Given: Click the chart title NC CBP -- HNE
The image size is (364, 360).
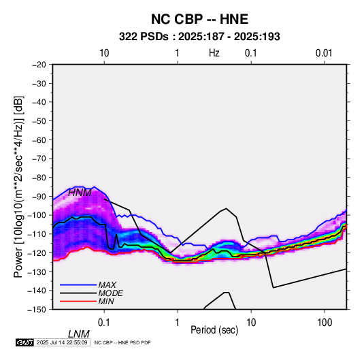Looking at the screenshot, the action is point(199,19).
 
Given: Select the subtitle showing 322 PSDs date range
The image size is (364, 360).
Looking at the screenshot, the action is point(199,37).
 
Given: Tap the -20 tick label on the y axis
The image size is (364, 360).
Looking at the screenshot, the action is point(39,65).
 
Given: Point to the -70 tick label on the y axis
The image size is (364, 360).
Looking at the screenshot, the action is point(39,159).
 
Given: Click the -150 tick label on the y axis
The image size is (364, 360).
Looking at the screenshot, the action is point(37,310).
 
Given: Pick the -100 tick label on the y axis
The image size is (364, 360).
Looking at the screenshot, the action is point(37,215).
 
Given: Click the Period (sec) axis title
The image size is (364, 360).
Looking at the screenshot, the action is point(214,330).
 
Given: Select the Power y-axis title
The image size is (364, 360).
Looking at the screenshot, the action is point(18,186).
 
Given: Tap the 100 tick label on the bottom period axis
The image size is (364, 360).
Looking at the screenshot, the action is point(325,323).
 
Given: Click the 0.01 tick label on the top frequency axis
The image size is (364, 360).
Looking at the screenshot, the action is point(324,53).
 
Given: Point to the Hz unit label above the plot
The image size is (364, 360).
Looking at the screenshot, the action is point(214,53).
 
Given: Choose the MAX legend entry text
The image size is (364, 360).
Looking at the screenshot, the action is point(107,285).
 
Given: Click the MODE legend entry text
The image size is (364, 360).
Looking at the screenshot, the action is point(110,293).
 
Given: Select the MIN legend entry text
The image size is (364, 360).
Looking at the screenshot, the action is point(106,301).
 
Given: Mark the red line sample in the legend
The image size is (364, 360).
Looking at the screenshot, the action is point(78,301).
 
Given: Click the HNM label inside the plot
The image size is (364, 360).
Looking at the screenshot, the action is point(80,193).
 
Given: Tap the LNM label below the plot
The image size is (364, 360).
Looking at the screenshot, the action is point(79,334).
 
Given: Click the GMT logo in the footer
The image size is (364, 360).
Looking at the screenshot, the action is point(25,342).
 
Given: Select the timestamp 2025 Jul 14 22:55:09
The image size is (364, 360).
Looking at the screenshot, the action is point(62,342).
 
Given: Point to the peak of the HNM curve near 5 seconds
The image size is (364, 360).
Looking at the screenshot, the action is point(226,208).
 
